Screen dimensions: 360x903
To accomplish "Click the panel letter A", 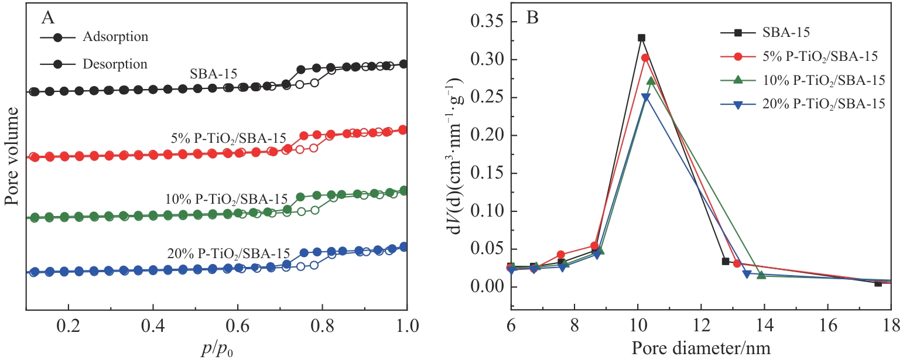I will (48, 18).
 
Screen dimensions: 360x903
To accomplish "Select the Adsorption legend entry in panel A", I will (115, 37).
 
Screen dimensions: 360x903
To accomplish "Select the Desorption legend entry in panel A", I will (115, 63).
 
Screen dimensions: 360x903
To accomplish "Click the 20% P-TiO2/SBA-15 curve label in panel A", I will (228, 254).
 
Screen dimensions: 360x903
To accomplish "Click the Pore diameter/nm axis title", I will (700, 348).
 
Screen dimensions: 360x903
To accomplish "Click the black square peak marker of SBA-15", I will (641, 38).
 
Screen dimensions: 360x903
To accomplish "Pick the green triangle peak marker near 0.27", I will (651, 81).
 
